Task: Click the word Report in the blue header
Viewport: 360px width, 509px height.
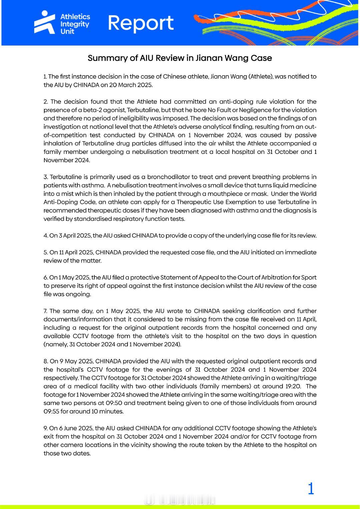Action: (x=140, y=23)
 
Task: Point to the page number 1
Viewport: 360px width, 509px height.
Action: (x=311, y=489)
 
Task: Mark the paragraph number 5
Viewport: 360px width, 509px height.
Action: (x=45, y=252)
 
